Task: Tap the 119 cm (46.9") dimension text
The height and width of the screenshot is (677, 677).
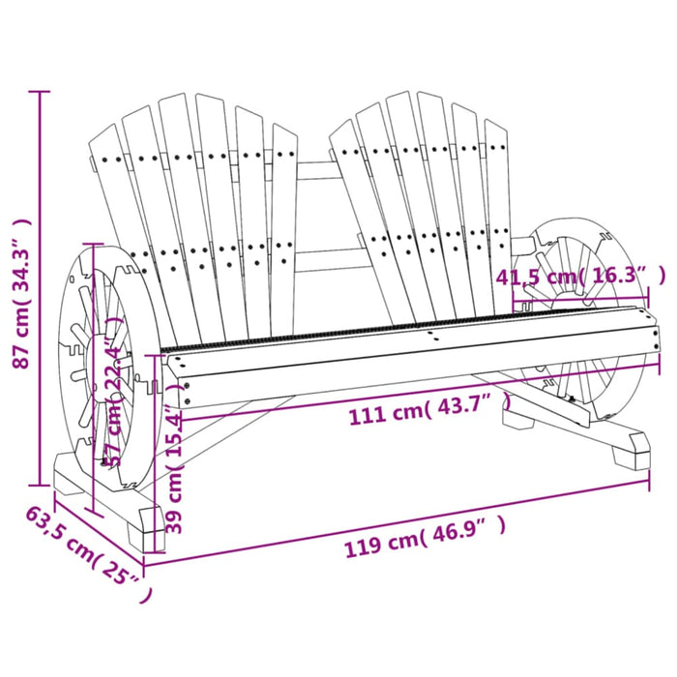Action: (426, 545)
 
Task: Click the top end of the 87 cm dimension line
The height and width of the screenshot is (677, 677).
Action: (40, 92)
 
